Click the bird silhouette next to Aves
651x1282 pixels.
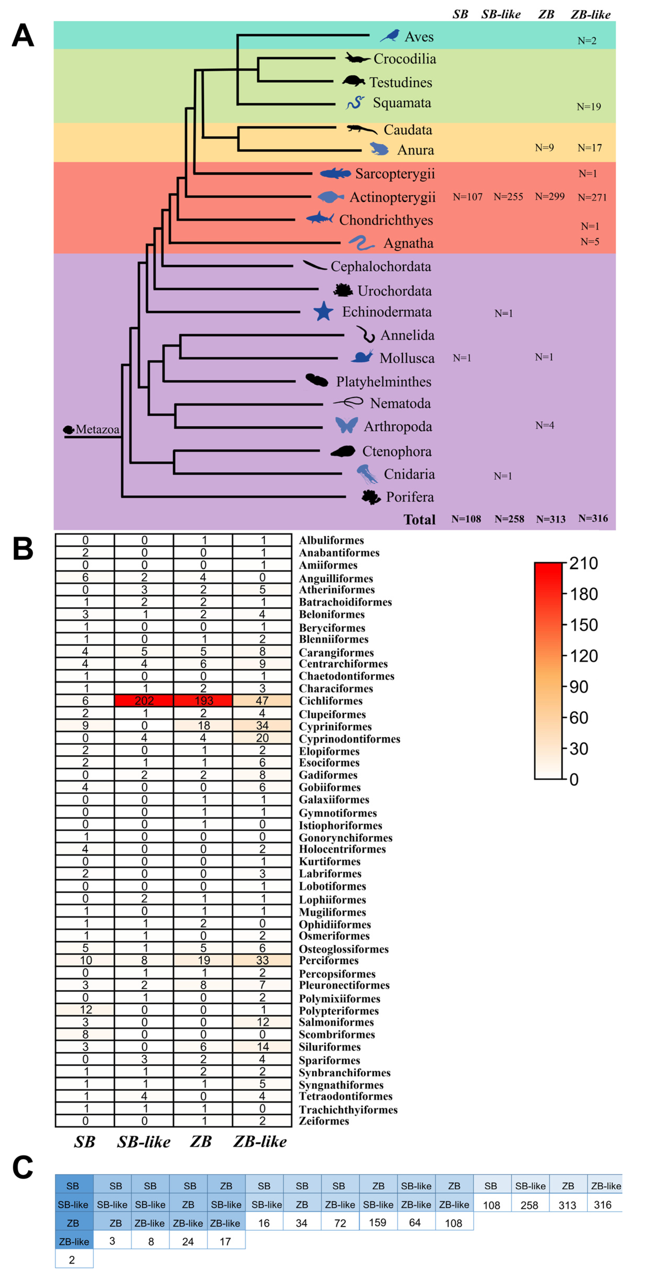(390, 36)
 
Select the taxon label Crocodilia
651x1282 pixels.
(404, 59)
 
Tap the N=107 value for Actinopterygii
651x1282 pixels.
(468, 196)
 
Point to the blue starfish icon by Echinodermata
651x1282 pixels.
(323, 312)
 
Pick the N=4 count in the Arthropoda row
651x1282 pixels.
(544, 425)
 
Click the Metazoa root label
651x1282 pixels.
(97, 429)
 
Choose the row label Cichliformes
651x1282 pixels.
(330, 701)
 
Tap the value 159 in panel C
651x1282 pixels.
(378, 1222)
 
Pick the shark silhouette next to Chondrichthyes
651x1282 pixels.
(320, 218)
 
